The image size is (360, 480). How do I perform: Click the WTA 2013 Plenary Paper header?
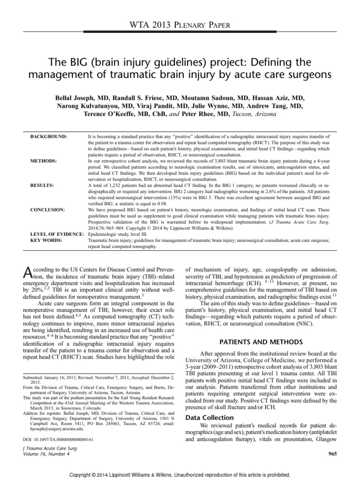point(180,26)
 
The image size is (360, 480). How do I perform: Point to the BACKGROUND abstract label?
point(48,136)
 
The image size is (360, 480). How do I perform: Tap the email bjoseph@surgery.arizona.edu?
point(52,427)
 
